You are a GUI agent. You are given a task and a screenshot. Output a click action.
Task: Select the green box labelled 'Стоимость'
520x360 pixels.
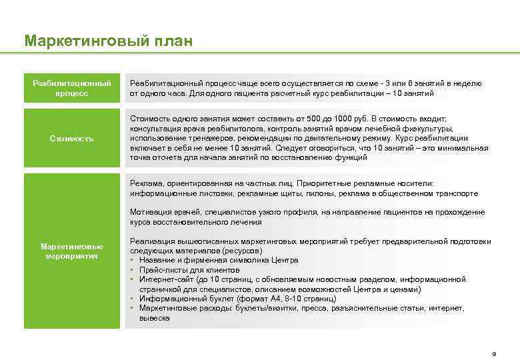click(72, 139)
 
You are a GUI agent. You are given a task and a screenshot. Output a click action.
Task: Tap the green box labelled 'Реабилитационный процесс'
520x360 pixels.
click(72, 88)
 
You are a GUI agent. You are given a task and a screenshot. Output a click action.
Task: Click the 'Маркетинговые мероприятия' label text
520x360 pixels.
click(72, 251)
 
